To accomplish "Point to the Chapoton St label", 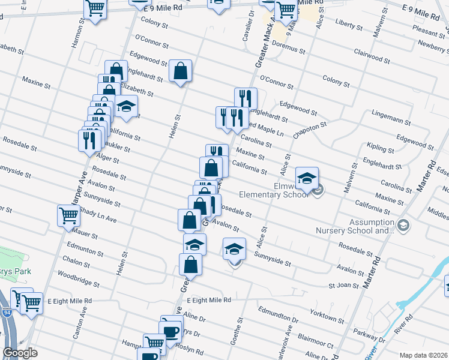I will (x=310, y=131).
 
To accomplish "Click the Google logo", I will (x=20, y=353).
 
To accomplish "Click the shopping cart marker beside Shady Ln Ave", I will (x=68, y=215).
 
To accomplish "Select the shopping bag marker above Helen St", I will (x=180, y=71).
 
